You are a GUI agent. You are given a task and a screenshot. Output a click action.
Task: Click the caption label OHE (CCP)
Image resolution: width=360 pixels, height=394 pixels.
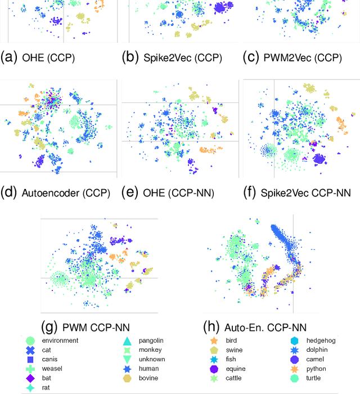38,57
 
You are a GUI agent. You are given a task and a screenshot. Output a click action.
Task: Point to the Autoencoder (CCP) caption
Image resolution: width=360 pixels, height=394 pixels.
57,193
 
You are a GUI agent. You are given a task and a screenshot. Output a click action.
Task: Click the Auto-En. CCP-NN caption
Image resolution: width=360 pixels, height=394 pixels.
265,327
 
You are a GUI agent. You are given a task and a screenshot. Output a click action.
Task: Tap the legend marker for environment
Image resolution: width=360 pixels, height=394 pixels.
30,341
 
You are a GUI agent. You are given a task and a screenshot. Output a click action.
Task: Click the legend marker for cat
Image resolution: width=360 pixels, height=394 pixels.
30,350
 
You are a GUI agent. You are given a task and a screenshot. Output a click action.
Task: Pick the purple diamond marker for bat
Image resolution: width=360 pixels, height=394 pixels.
30,378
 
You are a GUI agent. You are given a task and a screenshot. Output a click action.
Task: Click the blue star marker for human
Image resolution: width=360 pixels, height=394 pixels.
127,369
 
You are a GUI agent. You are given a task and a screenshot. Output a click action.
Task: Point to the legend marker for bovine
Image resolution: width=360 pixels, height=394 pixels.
127,378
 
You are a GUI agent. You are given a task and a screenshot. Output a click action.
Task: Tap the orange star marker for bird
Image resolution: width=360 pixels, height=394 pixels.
214,341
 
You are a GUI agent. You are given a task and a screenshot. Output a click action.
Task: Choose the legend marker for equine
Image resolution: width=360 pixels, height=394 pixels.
214,369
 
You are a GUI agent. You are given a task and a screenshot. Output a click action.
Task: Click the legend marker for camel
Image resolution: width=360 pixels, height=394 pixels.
295,359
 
